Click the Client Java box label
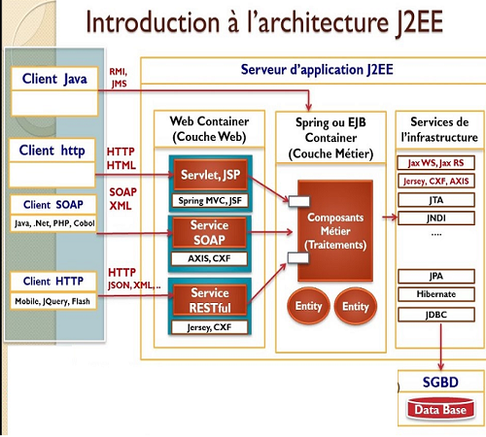coord(54,79)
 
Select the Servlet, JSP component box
coord(211,175)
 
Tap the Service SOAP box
coord(209,233)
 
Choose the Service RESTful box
coord(210,300)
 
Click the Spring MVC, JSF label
coord(210,201)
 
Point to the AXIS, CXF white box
coord(209,258)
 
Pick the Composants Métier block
coord(335,231)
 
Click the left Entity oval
coord(308,306)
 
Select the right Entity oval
coord(356,306)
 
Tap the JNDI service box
coord(436,218)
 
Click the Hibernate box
coord(436,294)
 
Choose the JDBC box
coord(436,315)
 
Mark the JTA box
coord(436,200)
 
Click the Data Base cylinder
coord(440,409)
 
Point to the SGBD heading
coord(440,383)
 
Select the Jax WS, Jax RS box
coord(436,163)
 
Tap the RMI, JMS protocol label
coord(119,78)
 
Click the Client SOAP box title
coord(53,205)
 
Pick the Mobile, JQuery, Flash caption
coord(52,301)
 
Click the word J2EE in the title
coord(419,22)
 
